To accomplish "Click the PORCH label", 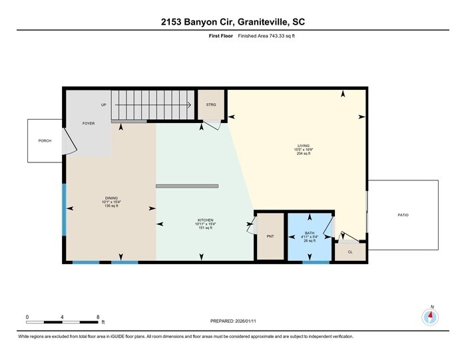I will (45, 140).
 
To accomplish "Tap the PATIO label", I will (403, 215).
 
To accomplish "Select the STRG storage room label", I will (211, 105).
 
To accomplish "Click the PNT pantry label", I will (270, 236).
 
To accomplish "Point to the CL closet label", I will (350, 252).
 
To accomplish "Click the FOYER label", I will (88, 124).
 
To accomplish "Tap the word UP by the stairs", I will (103, 105).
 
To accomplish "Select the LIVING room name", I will (304, 145).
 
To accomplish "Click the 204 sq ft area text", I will (304, 154).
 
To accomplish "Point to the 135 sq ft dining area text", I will (111, 206).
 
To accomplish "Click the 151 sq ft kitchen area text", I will (205, 228).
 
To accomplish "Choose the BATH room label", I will (309, 232).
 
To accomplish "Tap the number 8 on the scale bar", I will (98, 316).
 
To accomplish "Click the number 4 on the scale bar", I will (63, 316).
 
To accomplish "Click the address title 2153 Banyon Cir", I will (232, 22).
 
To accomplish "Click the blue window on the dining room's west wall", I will (64, 210).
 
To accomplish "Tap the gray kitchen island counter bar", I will (186, 186).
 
